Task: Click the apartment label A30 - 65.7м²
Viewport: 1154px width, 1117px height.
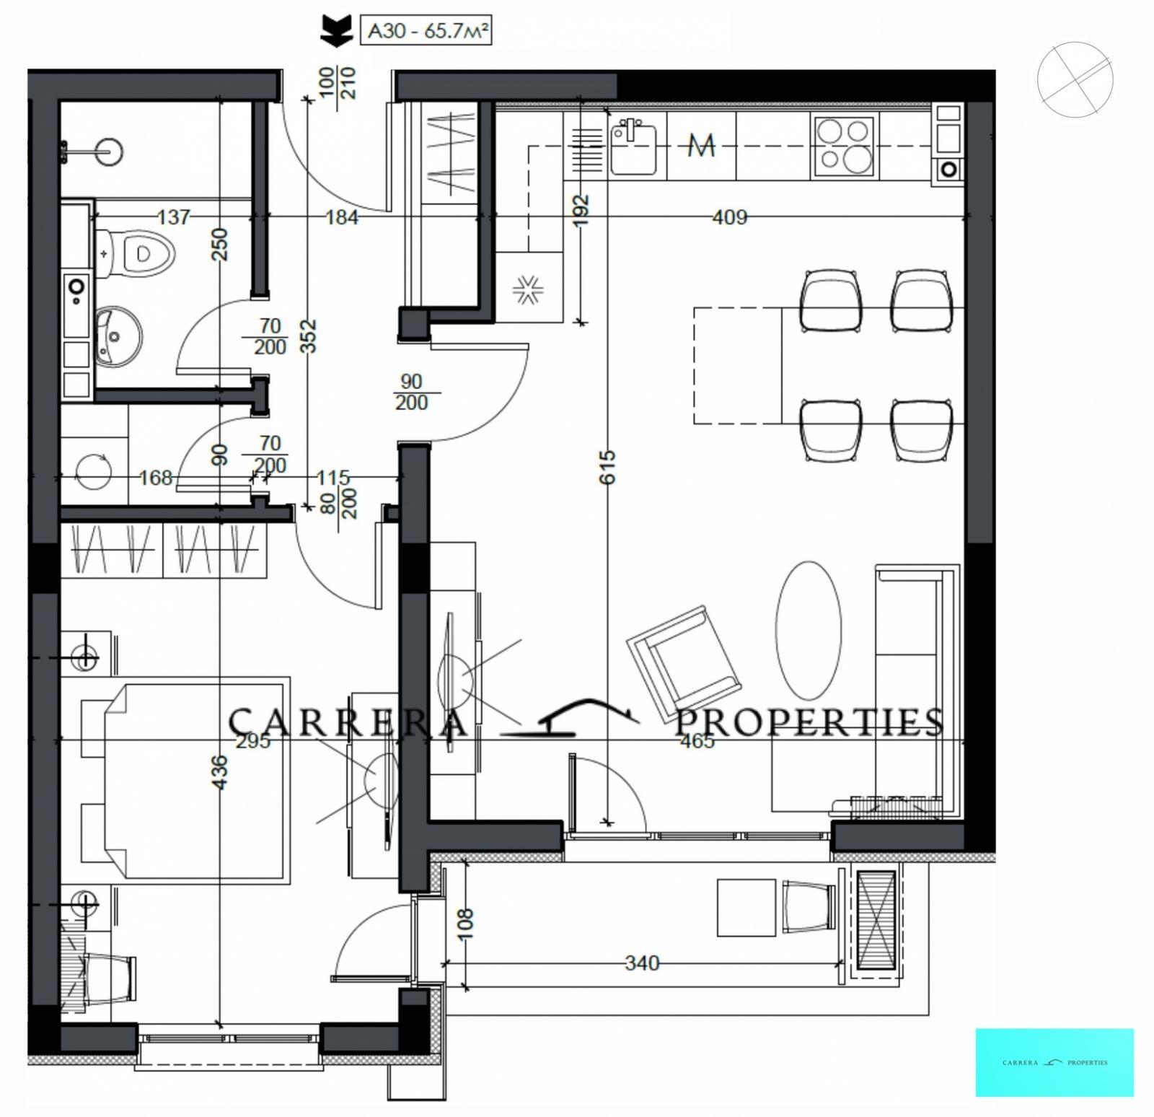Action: click(x=426, y=32)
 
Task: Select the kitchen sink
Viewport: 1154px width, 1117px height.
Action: click(x=634, y=149)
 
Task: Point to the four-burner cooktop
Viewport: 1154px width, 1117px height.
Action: click(x=843, y=146)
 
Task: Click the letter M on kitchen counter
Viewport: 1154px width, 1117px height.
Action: click(x=700, y=146)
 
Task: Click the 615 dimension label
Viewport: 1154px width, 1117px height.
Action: click(x=607, y=467)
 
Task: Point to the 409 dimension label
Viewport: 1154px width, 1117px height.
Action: click(x=729, y=216)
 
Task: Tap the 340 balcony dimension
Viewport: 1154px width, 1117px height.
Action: click(x=642, y=963)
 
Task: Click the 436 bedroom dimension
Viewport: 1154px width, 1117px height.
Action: click(x=220, y=772)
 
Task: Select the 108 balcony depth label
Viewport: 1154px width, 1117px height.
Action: click(x=465, y=924)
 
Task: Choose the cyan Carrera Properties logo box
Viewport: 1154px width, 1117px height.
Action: click(x=1054, y=1062)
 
